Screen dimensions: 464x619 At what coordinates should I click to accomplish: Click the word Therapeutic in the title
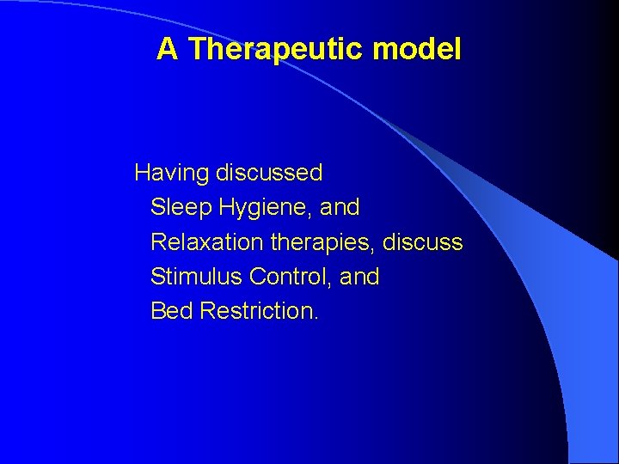(277, 50)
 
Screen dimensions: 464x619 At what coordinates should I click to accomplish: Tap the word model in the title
(417, 50)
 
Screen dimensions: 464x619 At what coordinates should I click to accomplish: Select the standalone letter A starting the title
(168, 50)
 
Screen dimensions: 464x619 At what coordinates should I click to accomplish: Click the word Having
(172, 174)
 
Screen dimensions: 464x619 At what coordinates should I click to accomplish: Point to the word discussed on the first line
(269, 174)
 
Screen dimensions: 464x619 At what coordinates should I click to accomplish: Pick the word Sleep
(181, 208)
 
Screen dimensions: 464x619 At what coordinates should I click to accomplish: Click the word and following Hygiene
(340, 208)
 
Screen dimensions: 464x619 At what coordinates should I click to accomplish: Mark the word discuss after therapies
(423, 242)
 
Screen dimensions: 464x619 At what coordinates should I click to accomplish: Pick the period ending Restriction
(316, 318)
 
